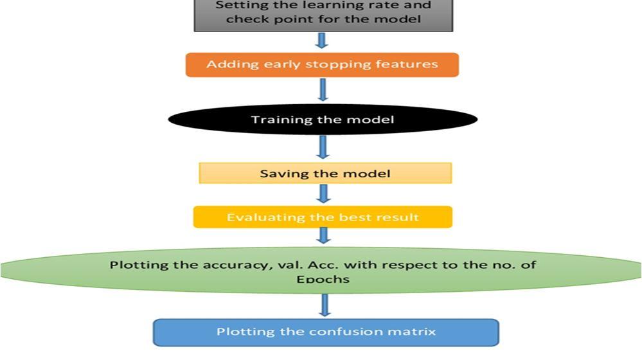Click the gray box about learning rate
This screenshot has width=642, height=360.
tap(323, 14)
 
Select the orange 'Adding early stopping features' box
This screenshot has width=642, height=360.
tap(322, 64)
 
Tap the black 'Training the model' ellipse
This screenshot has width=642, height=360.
tap(323, 120)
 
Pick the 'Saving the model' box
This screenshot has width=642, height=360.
tap(325, 174)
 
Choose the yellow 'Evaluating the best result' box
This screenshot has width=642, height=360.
tap(323, 217)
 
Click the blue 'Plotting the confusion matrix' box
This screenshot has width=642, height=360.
tap(325, 332)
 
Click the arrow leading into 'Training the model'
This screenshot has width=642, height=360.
tap(323, 89)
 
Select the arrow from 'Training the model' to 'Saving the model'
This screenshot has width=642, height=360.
tap(323, 147)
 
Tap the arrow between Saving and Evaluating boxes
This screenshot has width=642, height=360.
tap(323, 194)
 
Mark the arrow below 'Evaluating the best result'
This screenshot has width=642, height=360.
tap(323, 235)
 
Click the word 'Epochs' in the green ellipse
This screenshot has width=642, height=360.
tap(323, 279)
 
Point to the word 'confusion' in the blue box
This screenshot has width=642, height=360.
tap(335, 332)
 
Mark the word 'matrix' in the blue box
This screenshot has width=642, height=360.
tap(413, 332)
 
